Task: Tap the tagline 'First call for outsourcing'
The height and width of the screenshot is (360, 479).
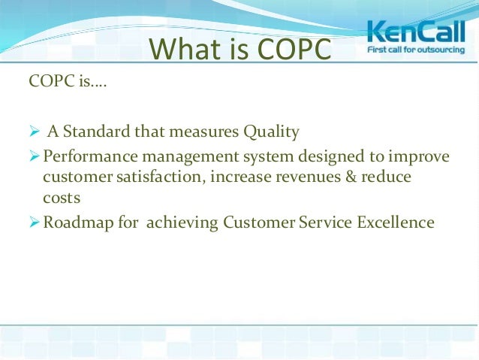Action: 414,50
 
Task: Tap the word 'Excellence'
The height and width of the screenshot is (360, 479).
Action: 396,222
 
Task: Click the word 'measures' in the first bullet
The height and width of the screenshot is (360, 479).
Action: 200,132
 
